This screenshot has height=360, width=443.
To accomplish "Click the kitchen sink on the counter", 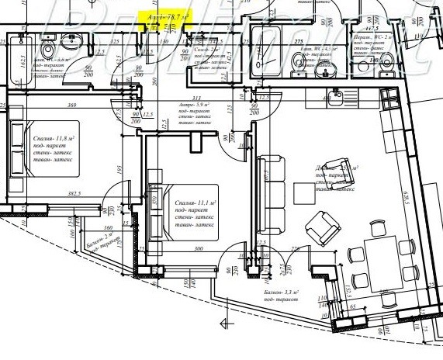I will pyautogui.click(x=335, y=96).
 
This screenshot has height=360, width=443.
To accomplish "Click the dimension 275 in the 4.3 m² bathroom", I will pyautogui.click(x=299, y=40).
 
